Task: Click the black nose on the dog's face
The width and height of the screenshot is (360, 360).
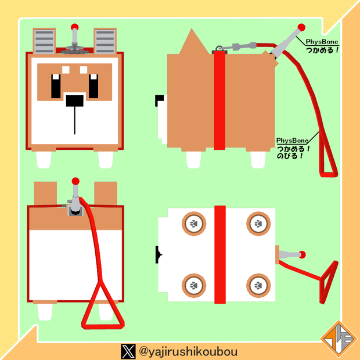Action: click(75, 101)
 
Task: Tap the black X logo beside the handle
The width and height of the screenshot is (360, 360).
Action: click(128, 351)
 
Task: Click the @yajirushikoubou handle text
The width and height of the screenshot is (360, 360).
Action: click(188, 351)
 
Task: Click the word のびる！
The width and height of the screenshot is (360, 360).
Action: click(290, 156)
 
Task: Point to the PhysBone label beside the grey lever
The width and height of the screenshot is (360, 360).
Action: click(322, 42)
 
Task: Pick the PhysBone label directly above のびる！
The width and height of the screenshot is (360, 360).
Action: click(292, 141)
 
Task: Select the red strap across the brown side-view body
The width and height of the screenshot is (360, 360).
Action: click(219, 100)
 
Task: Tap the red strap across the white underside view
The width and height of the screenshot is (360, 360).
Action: click(220, 255)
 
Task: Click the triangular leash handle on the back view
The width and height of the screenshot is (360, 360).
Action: click(102, 306)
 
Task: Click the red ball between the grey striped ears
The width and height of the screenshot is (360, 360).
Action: click(75, 27)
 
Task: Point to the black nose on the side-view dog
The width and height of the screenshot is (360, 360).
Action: click(159, 100)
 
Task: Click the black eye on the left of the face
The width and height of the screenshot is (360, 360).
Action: click(56, 86)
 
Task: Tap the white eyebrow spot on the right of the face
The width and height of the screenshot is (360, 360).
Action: click(84, 70)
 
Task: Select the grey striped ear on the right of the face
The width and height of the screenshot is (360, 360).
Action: click(105, 41)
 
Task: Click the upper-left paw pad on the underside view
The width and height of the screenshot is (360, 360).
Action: click(194, 224)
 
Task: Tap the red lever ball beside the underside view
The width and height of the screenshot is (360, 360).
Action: click(303, 255)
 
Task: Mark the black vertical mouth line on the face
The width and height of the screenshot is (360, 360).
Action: click(75, 121)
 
